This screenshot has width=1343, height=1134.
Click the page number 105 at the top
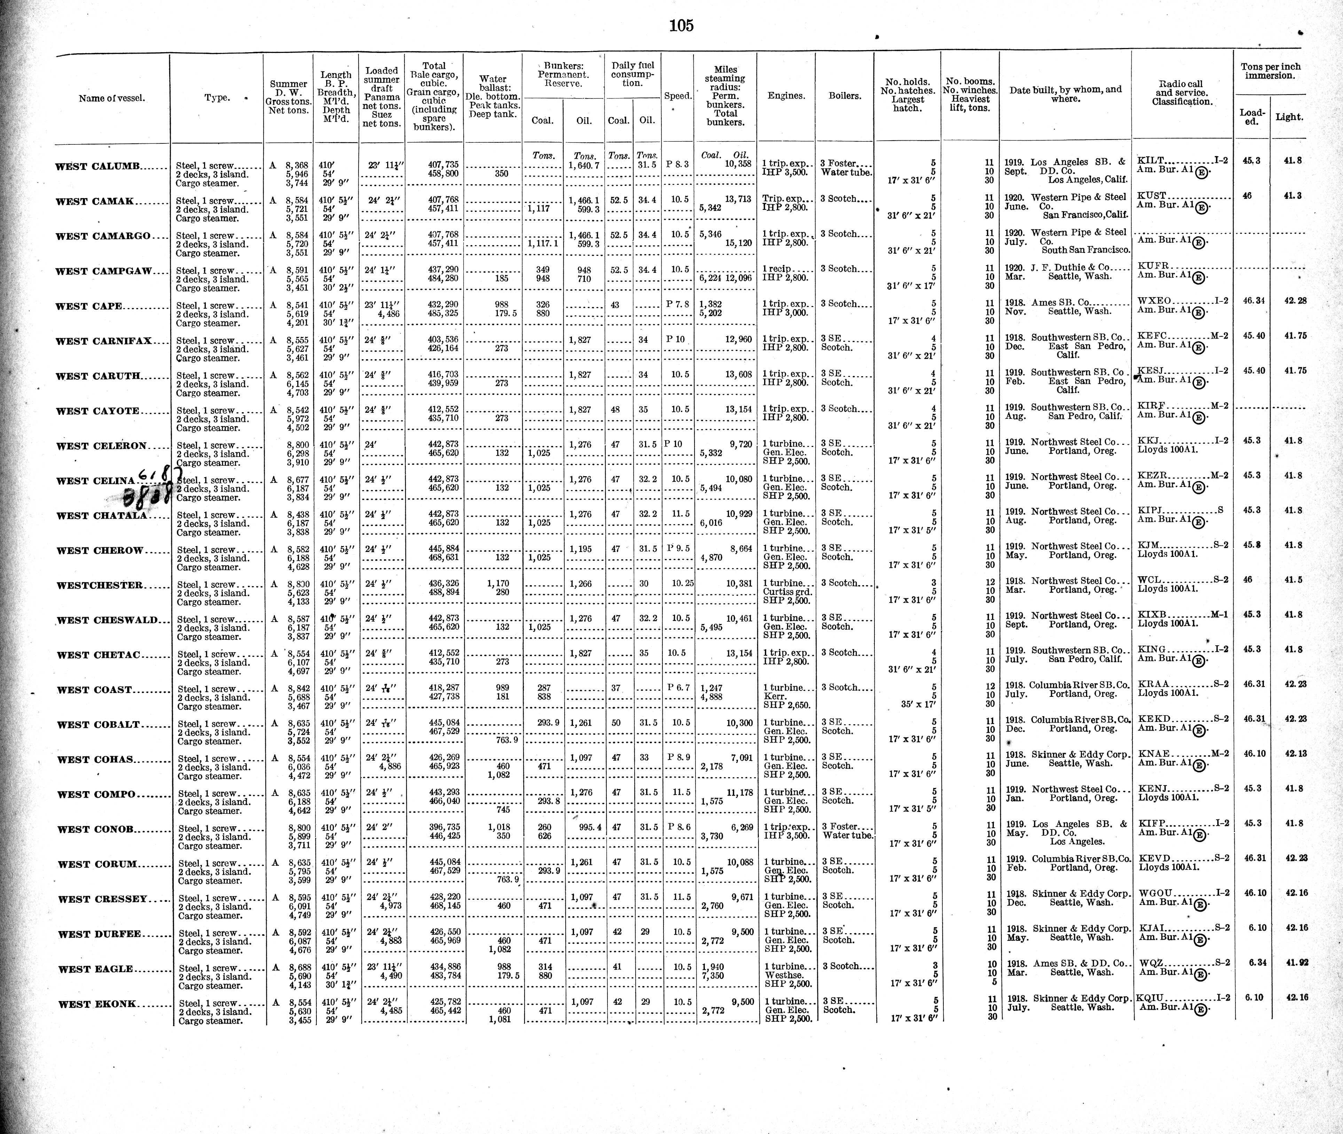click(681, 26)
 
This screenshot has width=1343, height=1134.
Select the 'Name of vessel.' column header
click(112, 99)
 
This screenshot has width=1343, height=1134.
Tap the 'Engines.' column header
click(786, 96)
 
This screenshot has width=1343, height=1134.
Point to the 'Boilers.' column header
click(844, 96)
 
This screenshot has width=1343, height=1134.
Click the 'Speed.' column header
click(678, 96)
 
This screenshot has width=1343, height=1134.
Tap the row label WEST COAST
click(94, 690)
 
